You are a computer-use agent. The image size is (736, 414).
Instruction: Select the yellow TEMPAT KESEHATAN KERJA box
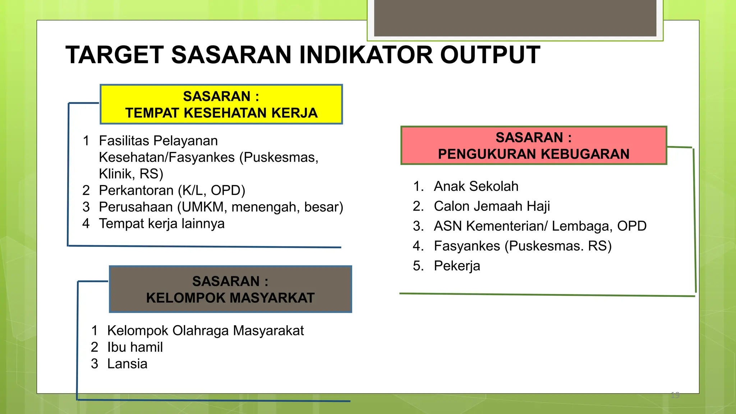coord(221,105)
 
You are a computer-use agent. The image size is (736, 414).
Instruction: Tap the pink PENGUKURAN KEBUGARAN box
coord(534,146)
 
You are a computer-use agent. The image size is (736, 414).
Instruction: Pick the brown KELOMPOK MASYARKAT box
coord(230,289)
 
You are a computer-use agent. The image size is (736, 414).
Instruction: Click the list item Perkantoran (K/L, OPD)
coord(172,190)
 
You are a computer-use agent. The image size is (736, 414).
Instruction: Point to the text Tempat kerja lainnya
coord(162,224)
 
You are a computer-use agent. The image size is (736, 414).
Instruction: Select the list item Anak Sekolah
coord(476,187)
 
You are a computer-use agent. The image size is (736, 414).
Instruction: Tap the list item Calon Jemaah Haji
coord(492,206)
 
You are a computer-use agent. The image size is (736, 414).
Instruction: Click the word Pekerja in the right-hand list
coord(457,266)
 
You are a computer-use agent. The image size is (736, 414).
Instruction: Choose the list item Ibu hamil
coord(135,347)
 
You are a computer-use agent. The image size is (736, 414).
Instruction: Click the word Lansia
coord(127,364)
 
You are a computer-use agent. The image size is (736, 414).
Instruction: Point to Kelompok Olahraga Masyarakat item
coord(205,331)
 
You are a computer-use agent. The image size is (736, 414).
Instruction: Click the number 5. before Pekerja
coord(418,266)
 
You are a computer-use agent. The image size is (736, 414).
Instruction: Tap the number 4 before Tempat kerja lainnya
coord(86,224)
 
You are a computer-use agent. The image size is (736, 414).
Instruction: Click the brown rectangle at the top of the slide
coord(515,18)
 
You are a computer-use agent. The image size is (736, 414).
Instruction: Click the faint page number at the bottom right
coord(675,395)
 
